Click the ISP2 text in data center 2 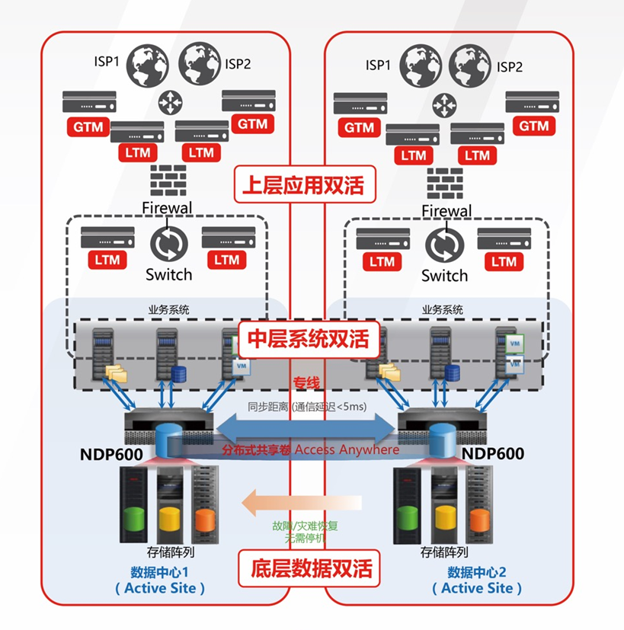(x=510, y=66)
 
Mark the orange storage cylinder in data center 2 (x=478, y=520)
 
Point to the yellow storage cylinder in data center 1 (x=168, y=520)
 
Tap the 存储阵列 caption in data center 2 (x=444, y=552)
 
